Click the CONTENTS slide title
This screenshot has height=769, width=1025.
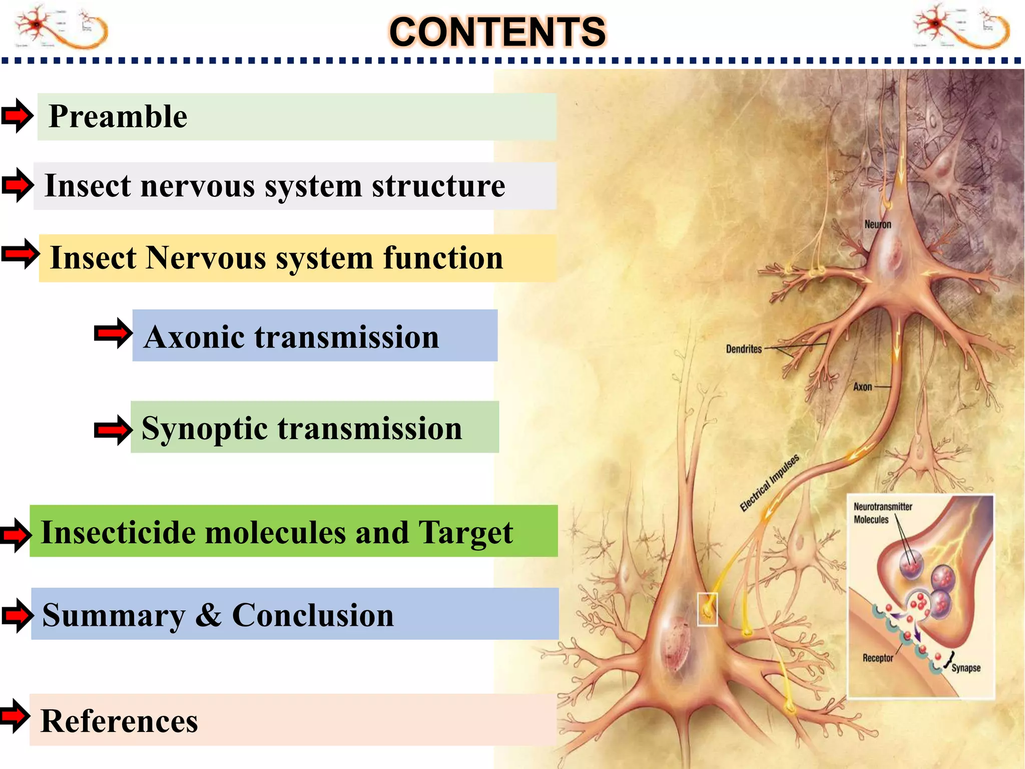(x=497, y=32)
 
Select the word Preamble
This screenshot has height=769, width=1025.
(x=118, y=116)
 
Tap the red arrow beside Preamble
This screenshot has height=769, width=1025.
(x=18, y=116)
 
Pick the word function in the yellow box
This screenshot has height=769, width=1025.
(x=443, y=258)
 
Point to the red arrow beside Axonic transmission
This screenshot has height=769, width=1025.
(x=113, y=333)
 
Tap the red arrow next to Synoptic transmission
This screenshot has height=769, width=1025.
(x=113, y=430)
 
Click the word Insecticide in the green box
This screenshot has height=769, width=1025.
(x=118, y=532)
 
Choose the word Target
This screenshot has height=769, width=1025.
(x=466, y=532)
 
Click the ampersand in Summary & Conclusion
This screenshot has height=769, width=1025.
(x=208, y=615)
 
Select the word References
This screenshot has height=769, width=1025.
(x=119, y=721)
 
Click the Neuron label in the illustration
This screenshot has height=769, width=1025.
(x=878, y=224)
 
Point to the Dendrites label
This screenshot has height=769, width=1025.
(x=744, y=349)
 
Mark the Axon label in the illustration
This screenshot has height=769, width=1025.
(x=862, y=387)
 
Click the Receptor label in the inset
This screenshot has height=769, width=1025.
(x=877, y=658)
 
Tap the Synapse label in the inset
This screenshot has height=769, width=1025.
(x=966, y=668)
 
